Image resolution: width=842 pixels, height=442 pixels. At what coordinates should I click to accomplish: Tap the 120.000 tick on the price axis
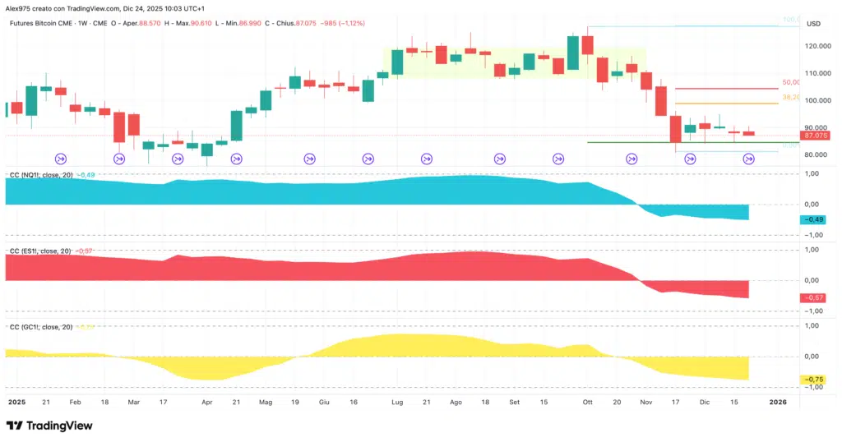[816, 46]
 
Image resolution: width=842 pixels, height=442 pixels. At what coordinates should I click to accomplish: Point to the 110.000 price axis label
[816, 73]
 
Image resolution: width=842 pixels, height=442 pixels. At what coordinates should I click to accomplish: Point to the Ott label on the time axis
[587, 403]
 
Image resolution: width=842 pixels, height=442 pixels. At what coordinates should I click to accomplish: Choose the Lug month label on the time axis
[397, 403]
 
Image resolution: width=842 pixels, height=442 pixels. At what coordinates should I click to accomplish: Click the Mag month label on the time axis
[266, 403]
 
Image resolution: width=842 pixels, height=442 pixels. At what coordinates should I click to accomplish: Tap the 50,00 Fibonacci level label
[791, 83]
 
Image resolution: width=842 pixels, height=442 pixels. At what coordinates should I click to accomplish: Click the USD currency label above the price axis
[815, 23]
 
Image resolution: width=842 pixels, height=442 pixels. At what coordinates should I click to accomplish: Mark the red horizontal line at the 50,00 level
[724, 88]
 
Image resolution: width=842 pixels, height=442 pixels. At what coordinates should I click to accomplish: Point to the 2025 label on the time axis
[16, 403]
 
